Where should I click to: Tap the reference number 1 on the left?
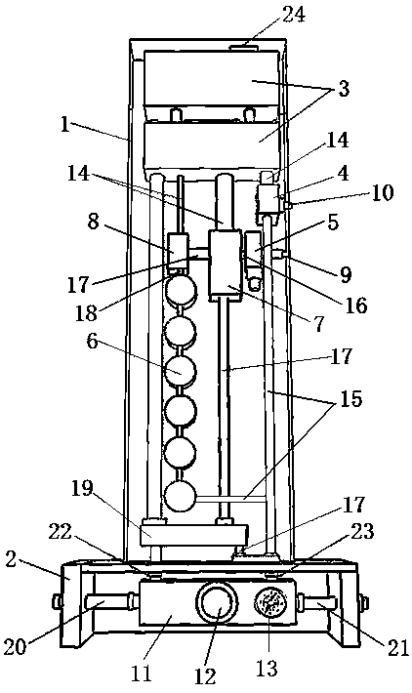[65, 125]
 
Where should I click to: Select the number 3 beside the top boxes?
[344, 89]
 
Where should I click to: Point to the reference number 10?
[383, 192]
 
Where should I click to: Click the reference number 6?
[92, 343]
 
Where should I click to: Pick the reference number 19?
[82, 490]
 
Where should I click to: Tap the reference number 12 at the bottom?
[205, 675]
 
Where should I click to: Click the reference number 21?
[397, 648]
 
